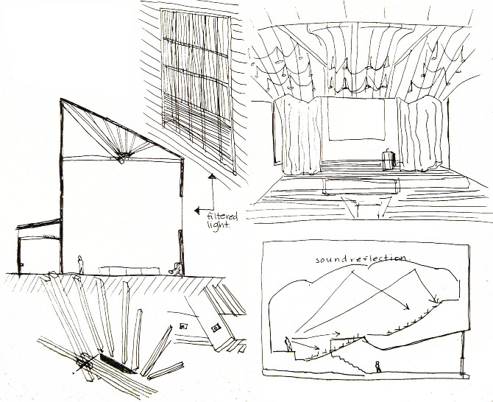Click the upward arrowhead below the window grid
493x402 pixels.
[212, 177]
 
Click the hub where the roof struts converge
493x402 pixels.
[122, 158]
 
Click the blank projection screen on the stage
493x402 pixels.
[358, 119]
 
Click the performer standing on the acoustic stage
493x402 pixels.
[288, 344]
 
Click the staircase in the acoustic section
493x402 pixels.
[344, 361]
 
